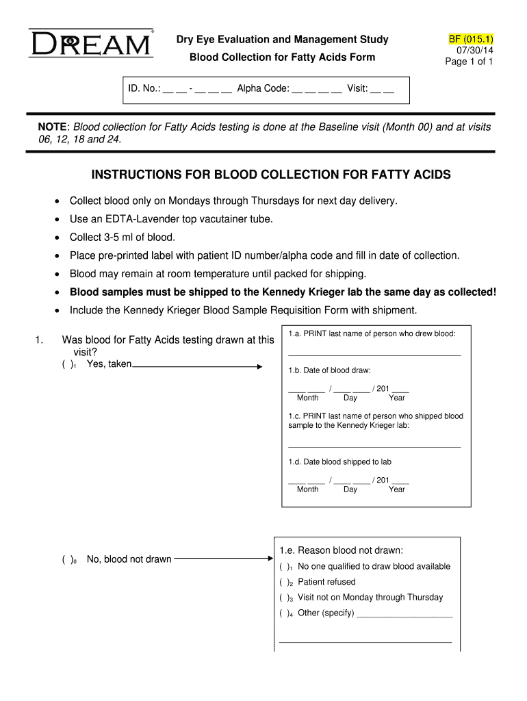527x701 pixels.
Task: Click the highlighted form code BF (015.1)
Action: click(x=470, y=39)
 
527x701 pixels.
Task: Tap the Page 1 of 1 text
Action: click(x=469, y=62)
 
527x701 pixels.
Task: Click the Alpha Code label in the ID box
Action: click(x=263, y=88)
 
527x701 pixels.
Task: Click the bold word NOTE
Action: click(x=53, y=127)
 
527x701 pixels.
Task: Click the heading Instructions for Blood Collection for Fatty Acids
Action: click(x=271, y=175)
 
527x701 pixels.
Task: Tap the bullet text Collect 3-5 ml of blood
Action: click(x=123, y=238)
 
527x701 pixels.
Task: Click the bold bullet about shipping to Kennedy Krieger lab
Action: click(x=283, y=292)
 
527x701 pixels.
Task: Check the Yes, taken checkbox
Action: click(x=68, y=365)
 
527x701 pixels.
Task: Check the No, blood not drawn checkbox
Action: click(x=68, y=560)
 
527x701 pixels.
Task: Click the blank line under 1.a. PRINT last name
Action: click(x=374, y=355)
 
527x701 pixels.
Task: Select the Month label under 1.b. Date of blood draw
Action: click(x=307, y=398)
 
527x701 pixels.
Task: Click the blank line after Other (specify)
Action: click(x=404, y=616)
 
